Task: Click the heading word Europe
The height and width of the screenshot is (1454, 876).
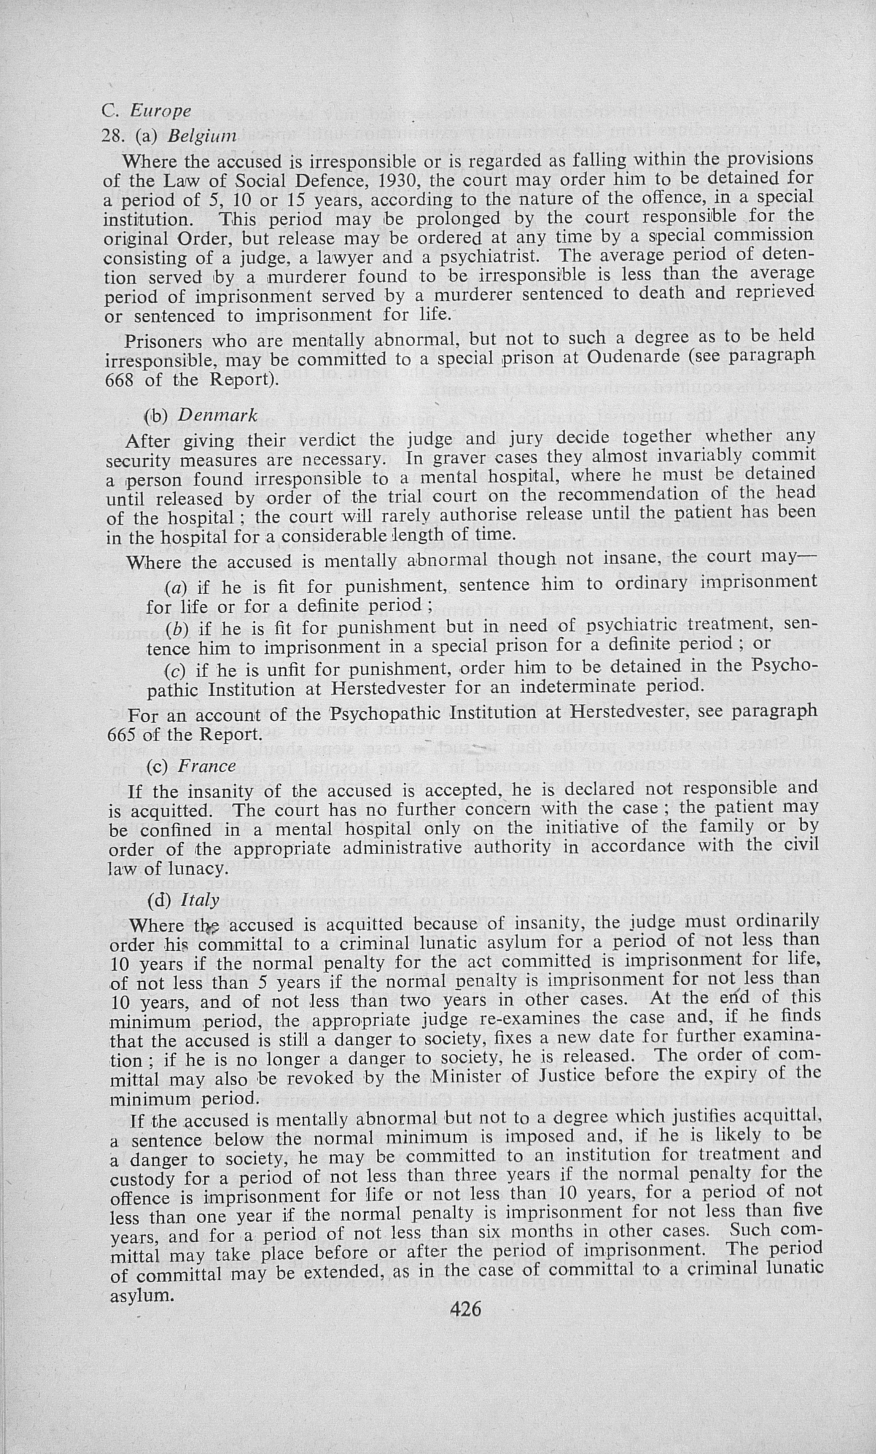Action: [x=161, y=111]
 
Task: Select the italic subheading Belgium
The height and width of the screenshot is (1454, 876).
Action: [x=202, y=137]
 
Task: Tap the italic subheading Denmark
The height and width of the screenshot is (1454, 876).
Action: [x=218, y=416]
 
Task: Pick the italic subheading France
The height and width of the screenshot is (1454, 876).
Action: [x=207, y=766]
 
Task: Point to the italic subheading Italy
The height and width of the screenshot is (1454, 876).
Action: [x=199, y=900]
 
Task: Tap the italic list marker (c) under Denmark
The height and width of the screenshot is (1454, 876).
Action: [x=175, y=671]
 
